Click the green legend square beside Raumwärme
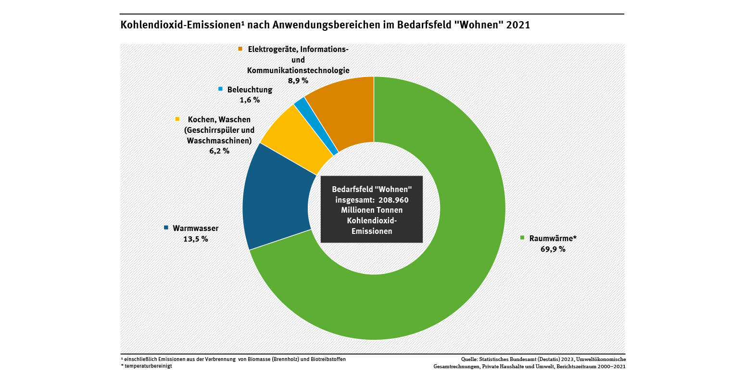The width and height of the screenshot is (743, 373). click(x=522, y=238)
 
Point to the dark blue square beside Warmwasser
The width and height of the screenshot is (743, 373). click(x=166, y=228)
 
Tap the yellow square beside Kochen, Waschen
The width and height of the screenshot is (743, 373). click(x=177, y=119)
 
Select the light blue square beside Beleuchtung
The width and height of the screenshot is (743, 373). click(x=220, y=89)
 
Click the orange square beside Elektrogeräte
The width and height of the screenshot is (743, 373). click(x=240, y=49)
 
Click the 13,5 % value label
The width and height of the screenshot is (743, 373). click(x=195, y=239)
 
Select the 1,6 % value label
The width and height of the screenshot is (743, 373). click(x=249, y=100)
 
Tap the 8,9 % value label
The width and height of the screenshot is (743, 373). click(x=298, y=80)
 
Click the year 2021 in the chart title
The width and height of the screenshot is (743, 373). click(x=518, y=25)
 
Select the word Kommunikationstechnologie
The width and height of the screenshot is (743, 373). click(x=298, y=70)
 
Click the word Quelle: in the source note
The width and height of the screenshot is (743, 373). click(x=469, y=359)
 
